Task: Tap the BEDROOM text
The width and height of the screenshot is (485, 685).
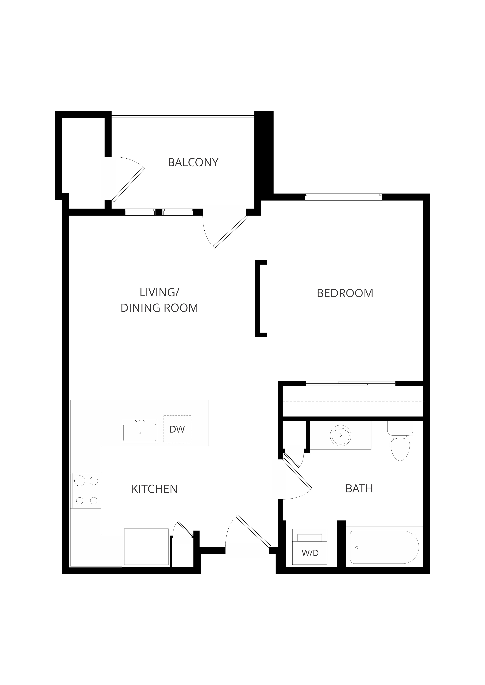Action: (345, 293)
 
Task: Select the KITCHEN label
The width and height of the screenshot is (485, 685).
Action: (154, 489)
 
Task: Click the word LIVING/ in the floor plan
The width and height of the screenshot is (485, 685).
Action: (159, 292)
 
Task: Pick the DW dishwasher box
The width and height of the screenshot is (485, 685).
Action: (177, 429)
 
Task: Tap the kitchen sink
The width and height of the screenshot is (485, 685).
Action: (140, 431)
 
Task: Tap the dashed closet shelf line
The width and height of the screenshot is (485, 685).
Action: (353, 401)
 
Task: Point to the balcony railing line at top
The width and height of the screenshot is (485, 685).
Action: (183, 116)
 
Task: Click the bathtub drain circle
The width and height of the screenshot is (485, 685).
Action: (357, 548)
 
